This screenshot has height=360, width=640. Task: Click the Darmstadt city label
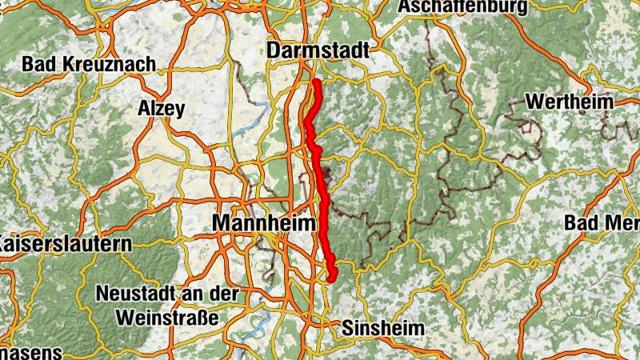(x=318, y=50)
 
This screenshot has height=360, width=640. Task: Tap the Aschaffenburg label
(x=464, y=7)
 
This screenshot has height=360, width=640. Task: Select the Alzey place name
(x=162, y=108)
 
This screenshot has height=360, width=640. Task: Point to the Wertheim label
(x=570, y=102)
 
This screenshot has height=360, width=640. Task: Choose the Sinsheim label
(x=383, y=328)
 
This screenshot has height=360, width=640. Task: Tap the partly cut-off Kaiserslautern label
(x=64, y=242)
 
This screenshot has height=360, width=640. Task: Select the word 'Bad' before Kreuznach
(x=39, y=63)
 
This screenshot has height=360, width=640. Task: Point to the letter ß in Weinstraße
(x=205, y=317)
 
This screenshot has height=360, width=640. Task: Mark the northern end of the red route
(x=317, y=82)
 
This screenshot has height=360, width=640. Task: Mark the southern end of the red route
(x=330, y=279)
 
